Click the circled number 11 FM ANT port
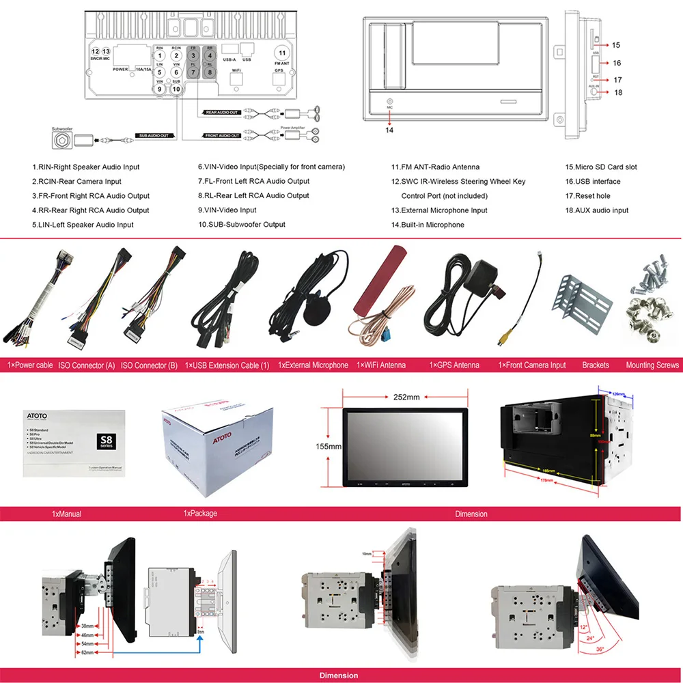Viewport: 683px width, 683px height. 281,53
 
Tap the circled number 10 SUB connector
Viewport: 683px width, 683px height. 176,88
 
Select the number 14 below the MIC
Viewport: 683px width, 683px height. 389,130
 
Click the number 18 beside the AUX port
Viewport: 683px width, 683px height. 617,93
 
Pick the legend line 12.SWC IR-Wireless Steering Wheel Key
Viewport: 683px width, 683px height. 458,182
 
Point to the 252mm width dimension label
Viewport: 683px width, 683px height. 406,397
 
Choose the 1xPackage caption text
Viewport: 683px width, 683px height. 200,514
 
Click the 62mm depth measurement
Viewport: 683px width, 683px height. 87,653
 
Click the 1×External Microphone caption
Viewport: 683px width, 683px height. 313,365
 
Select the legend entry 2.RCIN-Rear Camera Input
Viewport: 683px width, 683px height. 76,182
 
